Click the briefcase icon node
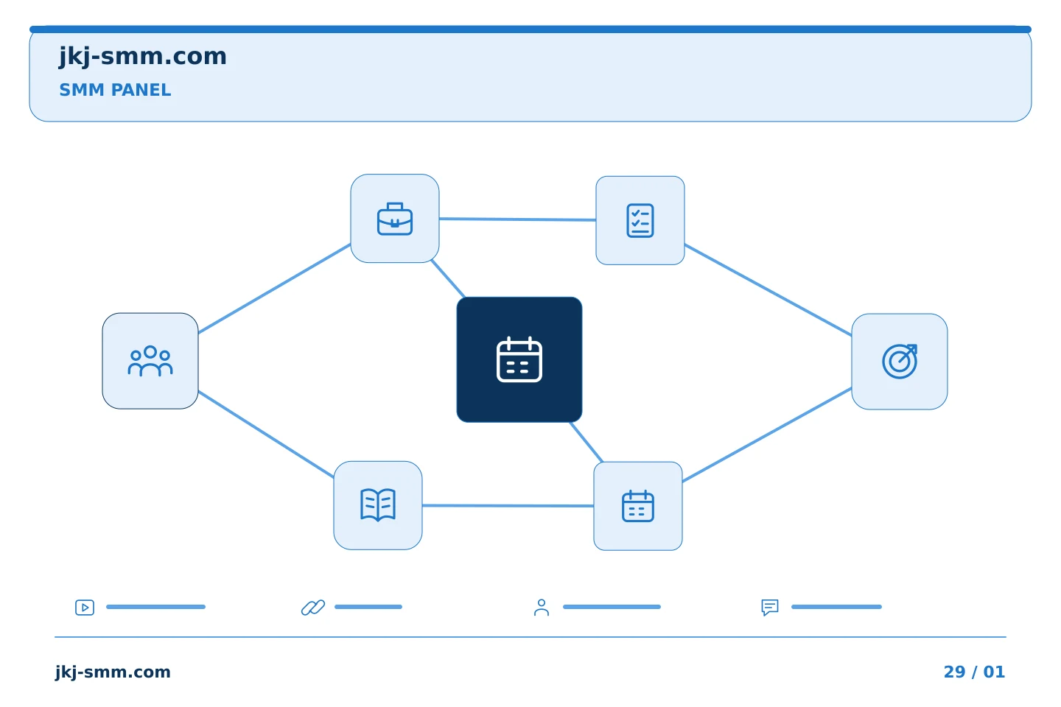point(395,218)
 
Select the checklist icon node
point(640,220)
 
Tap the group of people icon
point(150,361)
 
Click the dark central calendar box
point(519,359)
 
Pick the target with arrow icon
point(900,362)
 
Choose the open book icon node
point(378,505)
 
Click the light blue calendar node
point(638,506)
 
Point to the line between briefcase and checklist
point(517,219)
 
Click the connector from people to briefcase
point(274,289)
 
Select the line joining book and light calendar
point(508,506)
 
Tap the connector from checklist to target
point(768,290)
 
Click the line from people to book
point(266,434)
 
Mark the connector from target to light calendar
point(767,435)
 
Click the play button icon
point(85,607)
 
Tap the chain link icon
point(313,607)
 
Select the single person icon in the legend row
point(542,607)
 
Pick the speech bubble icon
point(770,607)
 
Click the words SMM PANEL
point(115,90)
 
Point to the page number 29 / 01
point(974,672)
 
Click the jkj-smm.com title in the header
point(143,57)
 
